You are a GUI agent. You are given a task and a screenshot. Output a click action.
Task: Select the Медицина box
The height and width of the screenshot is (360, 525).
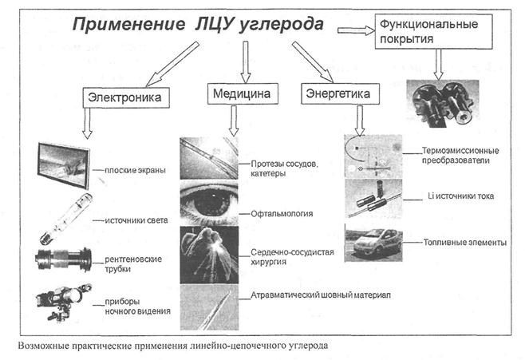click(x=241, y=95)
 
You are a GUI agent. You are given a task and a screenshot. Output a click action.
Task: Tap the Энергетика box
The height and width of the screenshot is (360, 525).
click(x=340, y=95)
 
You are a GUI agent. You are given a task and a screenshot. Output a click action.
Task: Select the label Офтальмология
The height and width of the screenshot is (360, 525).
click(x=282, y=214)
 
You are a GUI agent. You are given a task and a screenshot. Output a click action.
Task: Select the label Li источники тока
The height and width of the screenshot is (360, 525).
click(x=457, y=196)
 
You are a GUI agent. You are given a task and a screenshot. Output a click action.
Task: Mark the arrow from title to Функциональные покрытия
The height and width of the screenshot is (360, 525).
click(x=355, y=30)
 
